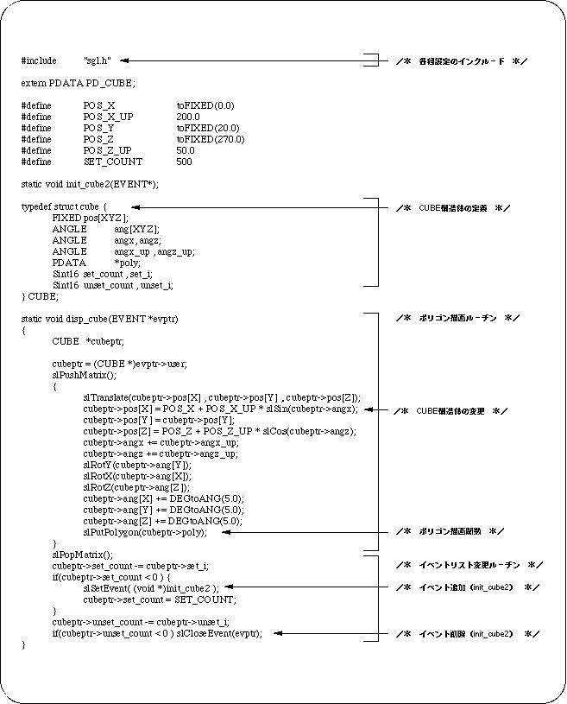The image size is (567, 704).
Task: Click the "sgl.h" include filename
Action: [98, 60]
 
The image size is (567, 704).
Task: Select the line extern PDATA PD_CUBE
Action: [78, 83]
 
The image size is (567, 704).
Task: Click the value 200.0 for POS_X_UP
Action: [188, 117]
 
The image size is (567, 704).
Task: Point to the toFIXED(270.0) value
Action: [211, 139]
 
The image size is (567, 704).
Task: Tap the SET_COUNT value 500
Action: [185, 162]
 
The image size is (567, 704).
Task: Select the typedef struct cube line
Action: [64, 207]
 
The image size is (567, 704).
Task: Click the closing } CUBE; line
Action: [40, 296]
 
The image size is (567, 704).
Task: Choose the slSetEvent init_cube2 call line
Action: [151, 587]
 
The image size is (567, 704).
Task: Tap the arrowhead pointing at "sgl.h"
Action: [126, 60]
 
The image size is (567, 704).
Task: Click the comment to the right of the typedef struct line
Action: [453, 208]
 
